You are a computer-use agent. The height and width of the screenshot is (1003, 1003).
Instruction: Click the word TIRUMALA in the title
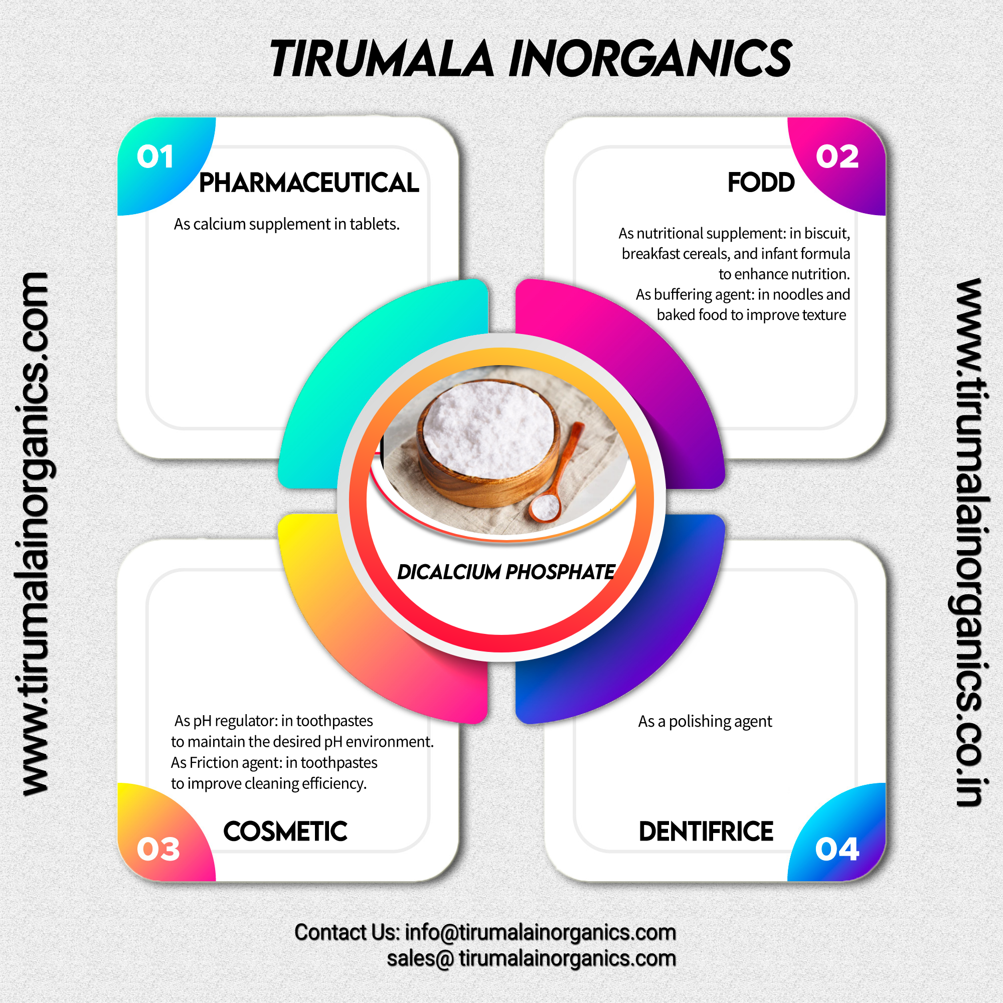[382, 59]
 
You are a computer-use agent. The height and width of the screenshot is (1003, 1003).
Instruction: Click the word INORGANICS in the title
[650, 59]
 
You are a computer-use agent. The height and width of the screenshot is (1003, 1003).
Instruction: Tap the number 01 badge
[154, 156]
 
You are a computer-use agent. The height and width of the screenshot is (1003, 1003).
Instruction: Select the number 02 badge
[837, 156]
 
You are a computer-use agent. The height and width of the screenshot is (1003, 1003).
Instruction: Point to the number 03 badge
[158, 849]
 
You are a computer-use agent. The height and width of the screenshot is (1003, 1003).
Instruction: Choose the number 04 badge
[837, 849]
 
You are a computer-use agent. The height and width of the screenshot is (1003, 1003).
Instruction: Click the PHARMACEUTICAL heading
[309, 183]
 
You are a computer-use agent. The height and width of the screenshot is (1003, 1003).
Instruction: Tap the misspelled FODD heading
[761, 182]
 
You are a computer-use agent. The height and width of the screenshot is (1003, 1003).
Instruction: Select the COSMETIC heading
[285, 831]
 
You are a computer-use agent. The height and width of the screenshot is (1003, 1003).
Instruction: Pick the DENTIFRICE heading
[706, 831]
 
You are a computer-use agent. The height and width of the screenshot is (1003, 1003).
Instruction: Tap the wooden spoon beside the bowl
[558, 475]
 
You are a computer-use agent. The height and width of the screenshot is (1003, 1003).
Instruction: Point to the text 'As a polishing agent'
[705, 721]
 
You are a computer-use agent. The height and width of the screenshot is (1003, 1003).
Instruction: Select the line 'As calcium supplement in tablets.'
[286, 224]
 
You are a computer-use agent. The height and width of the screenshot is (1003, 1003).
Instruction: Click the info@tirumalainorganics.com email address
[541, 932]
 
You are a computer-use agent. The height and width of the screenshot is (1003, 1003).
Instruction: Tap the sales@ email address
[531, 958]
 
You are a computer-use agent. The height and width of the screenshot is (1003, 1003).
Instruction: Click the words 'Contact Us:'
[347, 932]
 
